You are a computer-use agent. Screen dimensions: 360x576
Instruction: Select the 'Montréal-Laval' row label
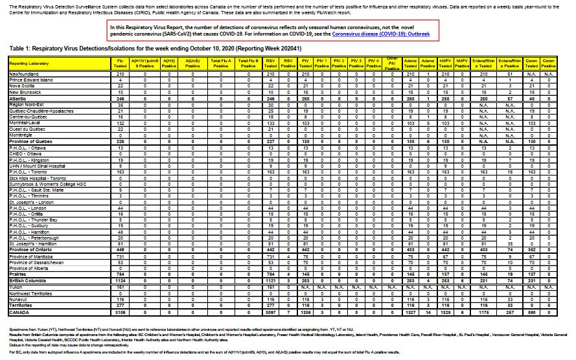click(26, 122)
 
